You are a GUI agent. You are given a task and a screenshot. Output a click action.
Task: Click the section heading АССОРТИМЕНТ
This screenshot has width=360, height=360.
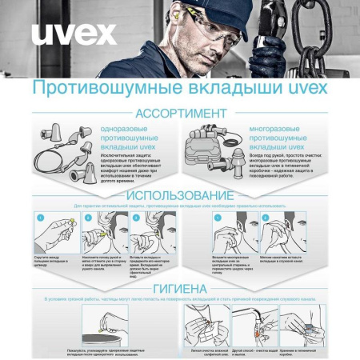coord(180,112)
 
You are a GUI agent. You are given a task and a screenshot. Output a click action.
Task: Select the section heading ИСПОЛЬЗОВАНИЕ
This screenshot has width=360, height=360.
coord(180,195)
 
